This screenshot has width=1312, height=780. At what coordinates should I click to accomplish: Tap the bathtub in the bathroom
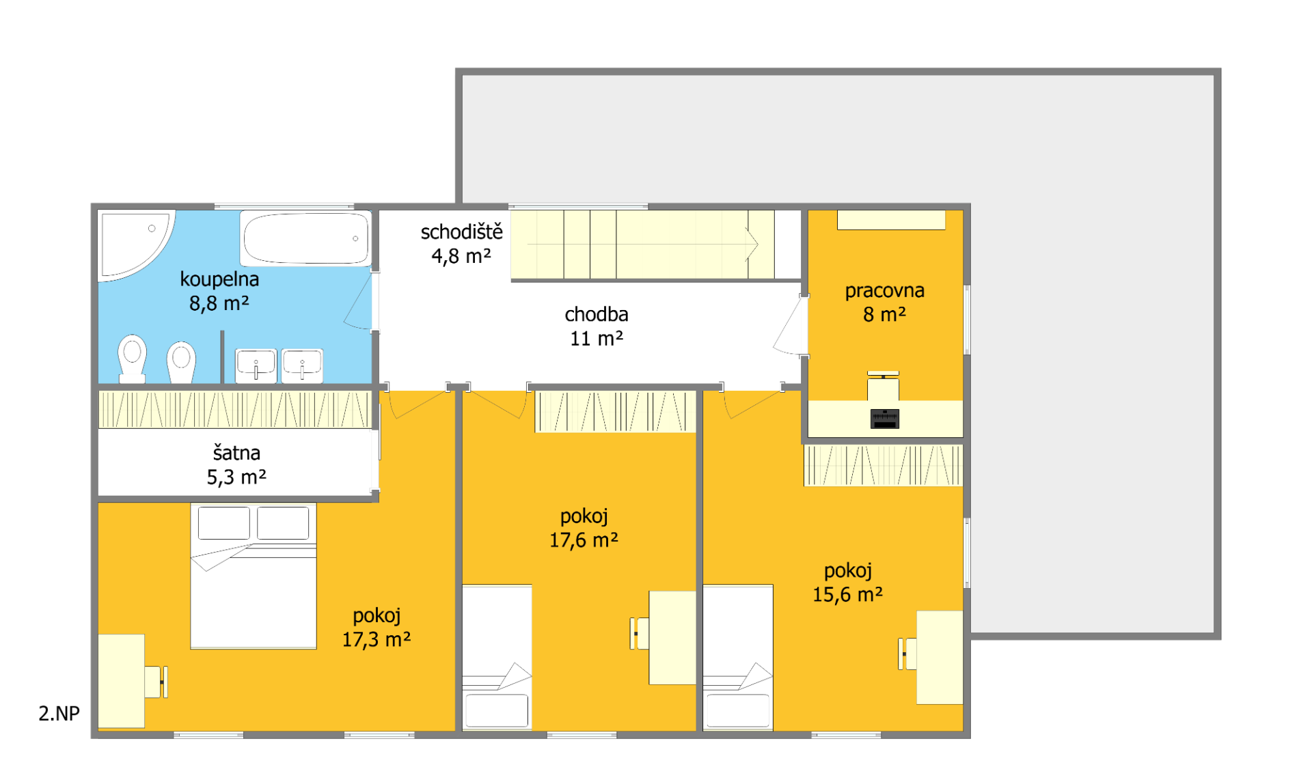coord(305,238)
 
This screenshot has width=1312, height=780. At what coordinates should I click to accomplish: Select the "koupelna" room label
coord(219,279)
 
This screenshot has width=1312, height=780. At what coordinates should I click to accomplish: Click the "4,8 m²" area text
coord(461,256)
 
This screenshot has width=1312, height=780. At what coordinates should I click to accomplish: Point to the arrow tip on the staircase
coord(758,244)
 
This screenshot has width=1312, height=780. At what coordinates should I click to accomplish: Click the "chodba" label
coord(597,314)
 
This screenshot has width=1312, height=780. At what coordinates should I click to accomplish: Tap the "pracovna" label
coord(885,291)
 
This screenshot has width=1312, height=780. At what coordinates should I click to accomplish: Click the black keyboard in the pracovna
coord(885,419)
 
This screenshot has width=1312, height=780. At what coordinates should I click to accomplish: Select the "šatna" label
coord(236,453)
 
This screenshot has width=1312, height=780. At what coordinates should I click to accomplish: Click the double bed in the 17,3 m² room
coord(254,576)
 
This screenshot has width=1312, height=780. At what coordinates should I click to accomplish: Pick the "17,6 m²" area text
coord(584,540)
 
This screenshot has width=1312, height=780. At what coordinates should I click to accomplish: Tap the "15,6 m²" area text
coord(848,594)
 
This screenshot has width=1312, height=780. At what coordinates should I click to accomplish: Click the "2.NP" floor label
coord(59,713)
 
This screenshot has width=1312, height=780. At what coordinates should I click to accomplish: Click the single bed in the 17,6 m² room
coord(497,657)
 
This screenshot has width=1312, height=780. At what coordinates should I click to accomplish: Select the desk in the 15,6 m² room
coord(940,657)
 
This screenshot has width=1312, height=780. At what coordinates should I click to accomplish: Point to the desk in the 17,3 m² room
coord(122,681)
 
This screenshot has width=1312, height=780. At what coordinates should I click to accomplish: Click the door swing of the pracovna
coord(791,326)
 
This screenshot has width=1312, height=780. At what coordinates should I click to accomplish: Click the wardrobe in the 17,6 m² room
coord(615,411)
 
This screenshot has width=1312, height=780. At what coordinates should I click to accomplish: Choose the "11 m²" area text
coord(597,338)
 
